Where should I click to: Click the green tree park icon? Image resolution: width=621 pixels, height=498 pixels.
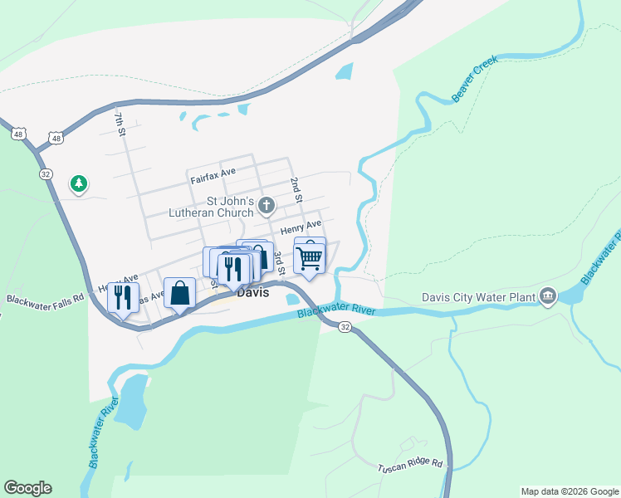coord(79,183)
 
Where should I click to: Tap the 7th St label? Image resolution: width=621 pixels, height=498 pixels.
coord(121,124)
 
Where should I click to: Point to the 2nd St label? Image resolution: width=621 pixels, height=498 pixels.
coord(295,188)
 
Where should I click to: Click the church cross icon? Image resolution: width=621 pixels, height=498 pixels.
coord(266,205)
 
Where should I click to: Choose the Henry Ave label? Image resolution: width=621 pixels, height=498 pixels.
coord(301,227)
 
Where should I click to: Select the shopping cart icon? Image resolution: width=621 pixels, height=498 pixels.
coord(310,257)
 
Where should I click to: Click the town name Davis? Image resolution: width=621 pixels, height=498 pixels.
coord(252,292)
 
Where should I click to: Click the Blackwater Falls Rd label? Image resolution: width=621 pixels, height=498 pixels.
coord(46,297)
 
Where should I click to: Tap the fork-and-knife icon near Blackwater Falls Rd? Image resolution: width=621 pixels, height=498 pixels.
coord(123,296)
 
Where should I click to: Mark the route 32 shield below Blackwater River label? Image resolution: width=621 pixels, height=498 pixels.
coord(345,329)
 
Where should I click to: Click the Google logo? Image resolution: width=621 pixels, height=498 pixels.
coord(27,488)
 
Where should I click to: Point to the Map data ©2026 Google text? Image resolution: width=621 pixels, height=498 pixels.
coord(569,491)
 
